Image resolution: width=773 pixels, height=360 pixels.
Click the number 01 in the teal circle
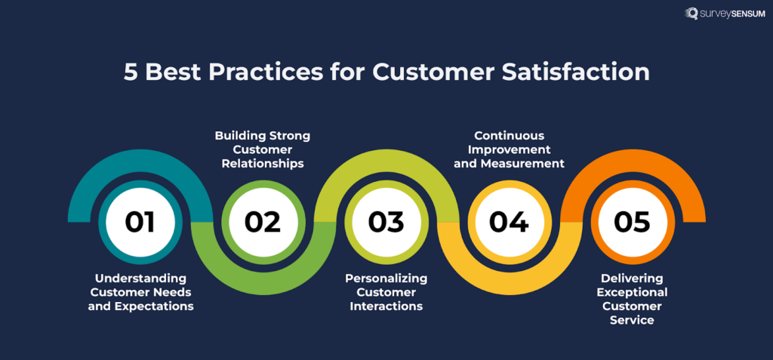click(140, 222)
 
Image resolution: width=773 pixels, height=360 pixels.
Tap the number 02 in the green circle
click(263, 222)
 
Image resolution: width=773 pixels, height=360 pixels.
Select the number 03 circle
click(386, 222)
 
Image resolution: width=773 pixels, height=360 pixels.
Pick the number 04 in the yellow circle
click(509, 222)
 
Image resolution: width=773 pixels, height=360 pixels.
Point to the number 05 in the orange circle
click(632, 222)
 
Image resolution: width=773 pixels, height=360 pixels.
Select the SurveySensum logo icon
click(691, 14)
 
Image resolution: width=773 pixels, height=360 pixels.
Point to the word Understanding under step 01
click(140, 278)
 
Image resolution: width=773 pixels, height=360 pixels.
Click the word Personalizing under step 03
click(386, 278)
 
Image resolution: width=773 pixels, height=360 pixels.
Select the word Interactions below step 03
click(386, 306)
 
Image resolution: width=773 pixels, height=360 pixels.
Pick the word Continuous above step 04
click(509, 136)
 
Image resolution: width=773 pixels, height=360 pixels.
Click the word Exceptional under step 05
click(632, 292)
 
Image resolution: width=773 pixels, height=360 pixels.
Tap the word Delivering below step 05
click(632, 278)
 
